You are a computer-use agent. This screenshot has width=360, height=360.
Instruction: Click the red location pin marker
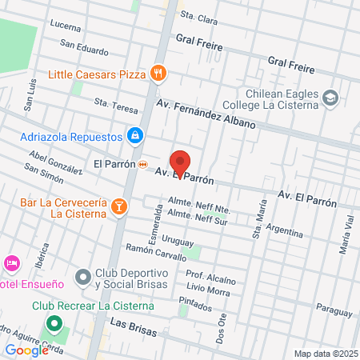point(181,163)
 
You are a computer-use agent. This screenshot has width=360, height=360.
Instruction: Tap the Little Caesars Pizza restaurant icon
point(159,74)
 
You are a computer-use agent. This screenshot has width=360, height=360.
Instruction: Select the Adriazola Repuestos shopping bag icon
point(135,136)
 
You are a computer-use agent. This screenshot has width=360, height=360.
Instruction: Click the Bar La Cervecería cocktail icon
point(119,207)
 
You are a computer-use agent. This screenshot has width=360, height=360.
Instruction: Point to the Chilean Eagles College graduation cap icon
point(330,98)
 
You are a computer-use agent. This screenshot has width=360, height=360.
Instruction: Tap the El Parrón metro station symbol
point(142,164)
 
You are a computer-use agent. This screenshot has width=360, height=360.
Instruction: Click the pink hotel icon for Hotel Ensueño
point(11,263)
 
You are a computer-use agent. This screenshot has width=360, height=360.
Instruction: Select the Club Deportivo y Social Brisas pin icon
point(82,278)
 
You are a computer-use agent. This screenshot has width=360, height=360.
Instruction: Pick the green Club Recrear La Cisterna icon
point(54,324)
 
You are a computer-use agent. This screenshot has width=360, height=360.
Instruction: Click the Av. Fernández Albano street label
point(206,114)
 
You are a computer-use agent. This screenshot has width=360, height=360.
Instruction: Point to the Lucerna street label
point(66,26)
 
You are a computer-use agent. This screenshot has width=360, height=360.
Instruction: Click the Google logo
point(27,350)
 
